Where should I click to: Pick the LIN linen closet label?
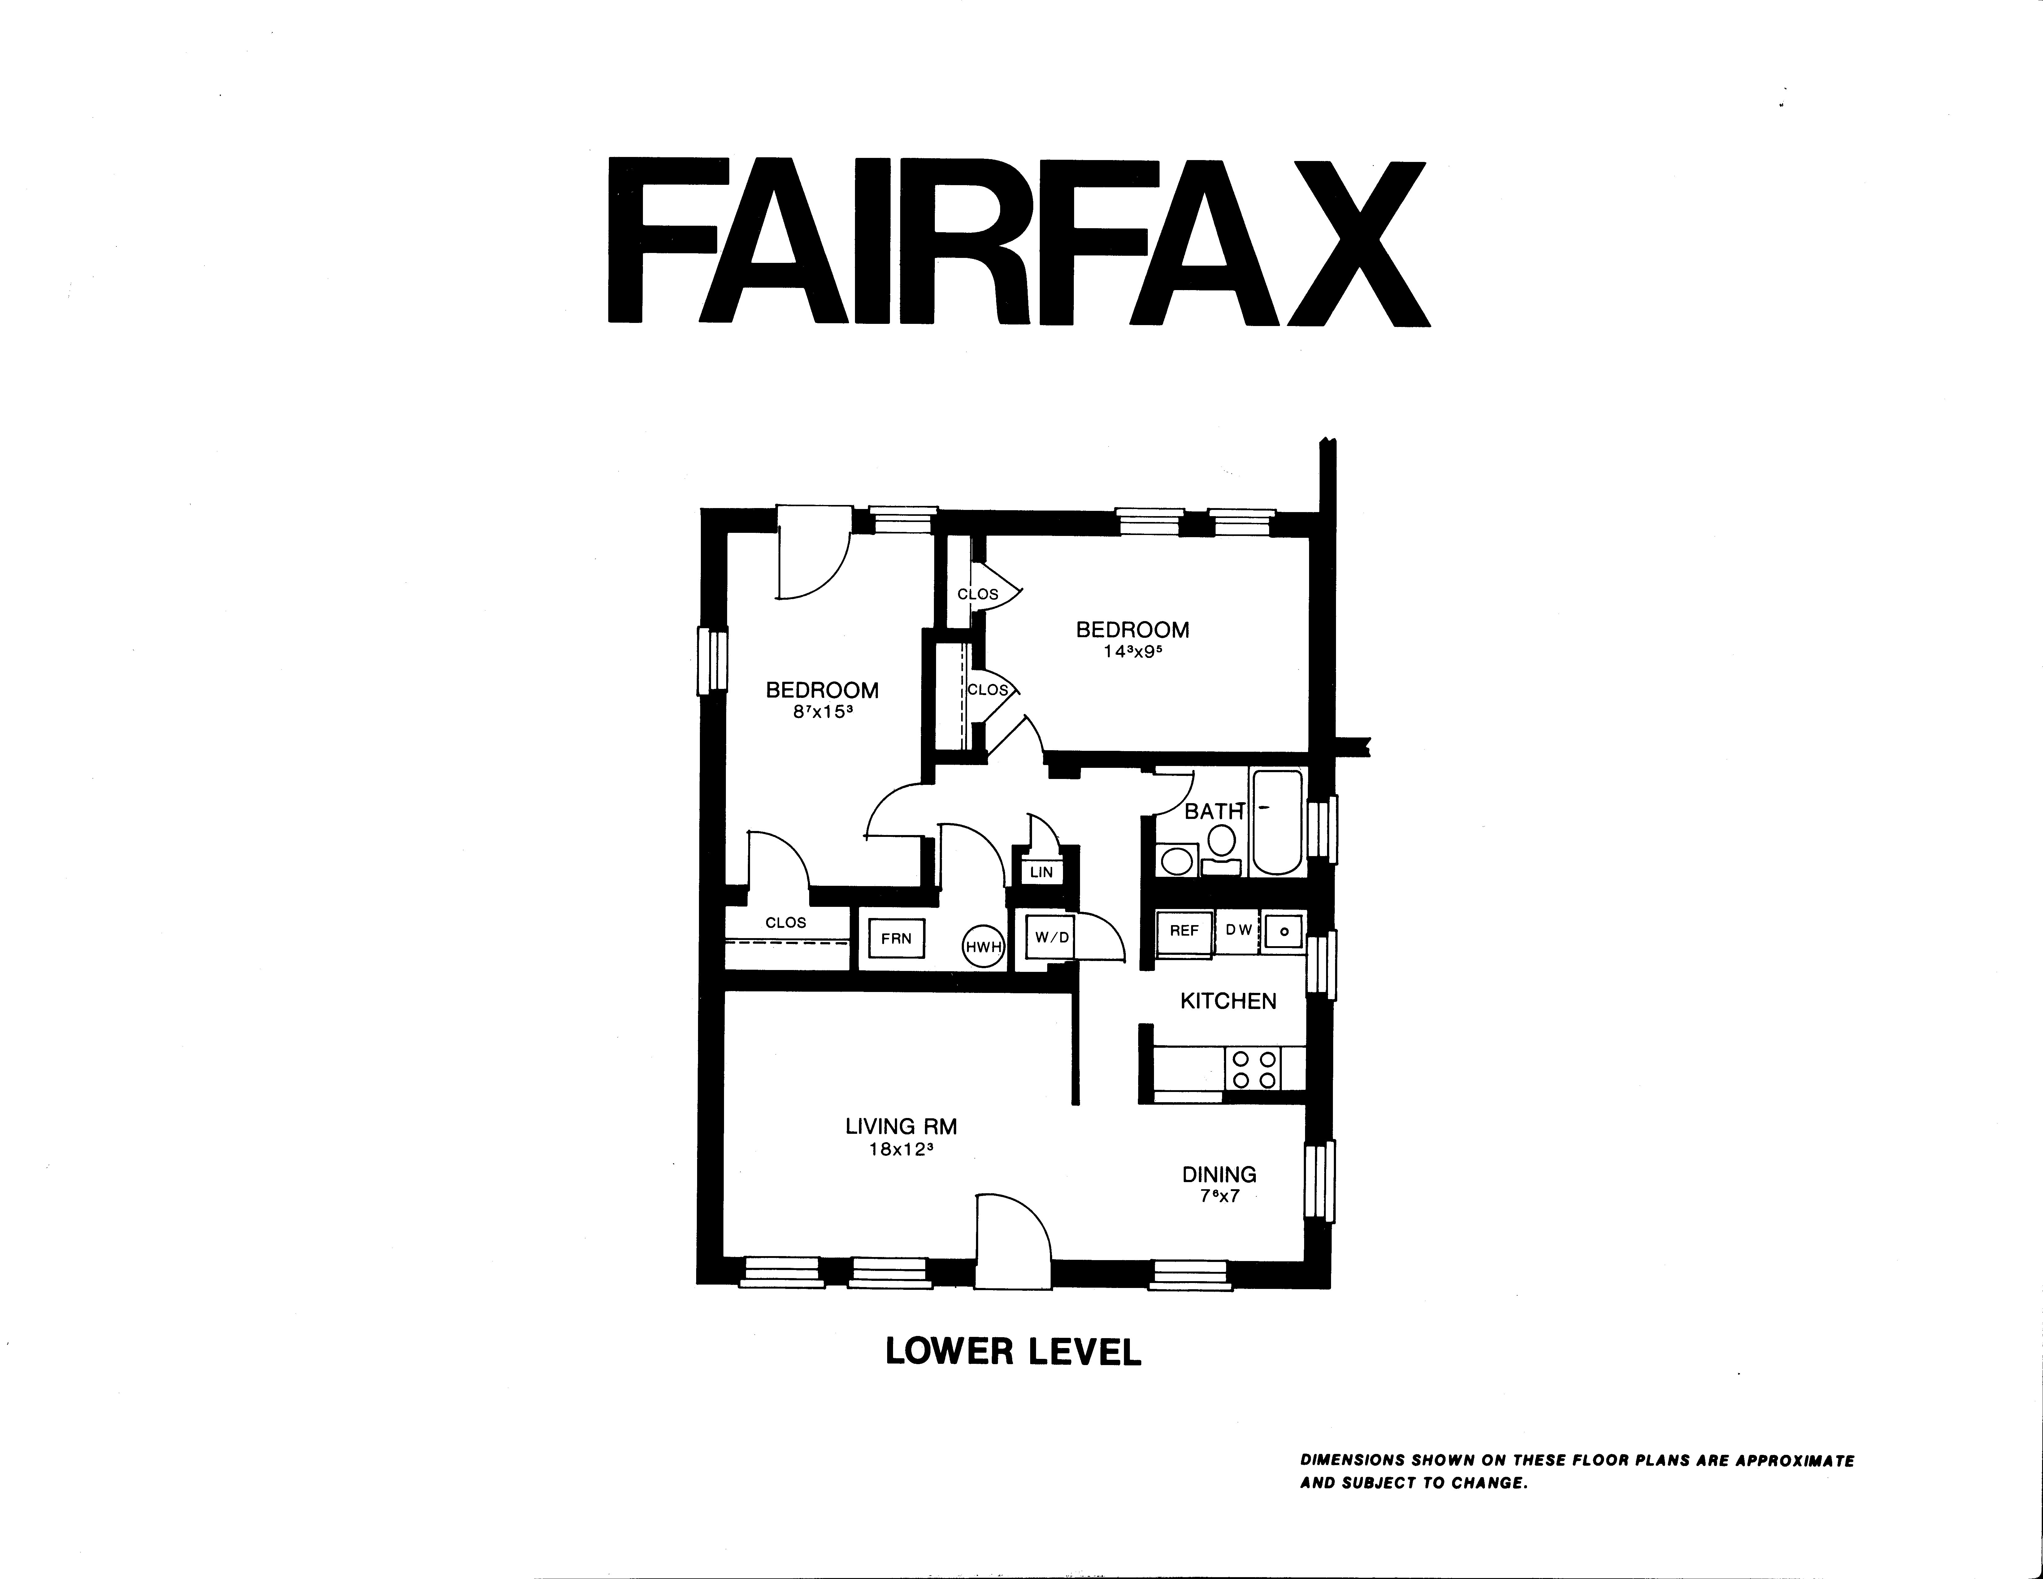pos(1041,872)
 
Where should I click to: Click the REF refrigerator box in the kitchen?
pos(1184,932)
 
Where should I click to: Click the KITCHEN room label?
pos(1228,1001)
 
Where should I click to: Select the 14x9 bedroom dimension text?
pos(1132,652)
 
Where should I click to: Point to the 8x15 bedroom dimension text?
pos(822,711)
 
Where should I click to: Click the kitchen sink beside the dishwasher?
pos(1283,932)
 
